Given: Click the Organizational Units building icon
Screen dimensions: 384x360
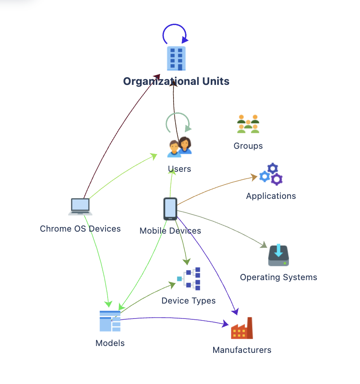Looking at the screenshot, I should (176, 59).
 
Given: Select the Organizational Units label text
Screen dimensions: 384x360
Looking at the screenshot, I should (176, 81).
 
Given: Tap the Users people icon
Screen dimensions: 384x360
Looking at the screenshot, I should (180, 147).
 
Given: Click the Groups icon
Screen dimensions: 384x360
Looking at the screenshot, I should (248, 124).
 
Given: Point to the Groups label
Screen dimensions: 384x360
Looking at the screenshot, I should (248, 146).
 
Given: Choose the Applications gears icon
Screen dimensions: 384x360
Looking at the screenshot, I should (271, 174).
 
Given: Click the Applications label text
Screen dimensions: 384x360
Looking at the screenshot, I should (271, 196).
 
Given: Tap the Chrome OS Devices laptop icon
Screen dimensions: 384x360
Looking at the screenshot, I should (80, 207).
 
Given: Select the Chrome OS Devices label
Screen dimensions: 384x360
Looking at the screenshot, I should (80, 229).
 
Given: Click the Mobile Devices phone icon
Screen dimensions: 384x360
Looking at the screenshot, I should (170, 209).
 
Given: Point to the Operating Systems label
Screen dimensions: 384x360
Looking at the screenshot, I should (279, 277).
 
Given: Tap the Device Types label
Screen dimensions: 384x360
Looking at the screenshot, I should (188, 301).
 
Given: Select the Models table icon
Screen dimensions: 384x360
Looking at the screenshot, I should (110, 321).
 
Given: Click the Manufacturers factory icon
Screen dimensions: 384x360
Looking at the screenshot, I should (242, 328).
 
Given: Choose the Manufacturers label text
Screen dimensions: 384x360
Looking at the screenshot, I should (242, 350).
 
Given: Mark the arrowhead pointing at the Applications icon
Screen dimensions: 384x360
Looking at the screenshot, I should (254, 177).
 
